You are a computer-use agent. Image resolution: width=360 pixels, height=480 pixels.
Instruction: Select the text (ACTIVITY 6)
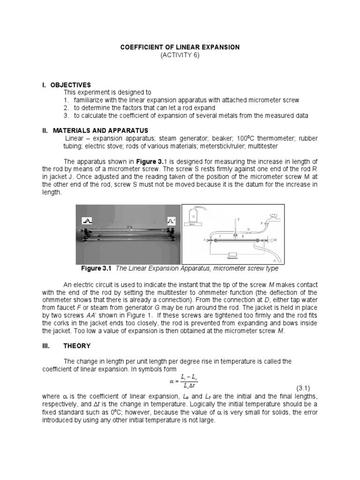click(x=180, y=55)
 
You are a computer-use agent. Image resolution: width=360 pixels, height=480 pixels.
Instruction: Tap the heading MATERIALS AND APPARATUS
click(x=96, y=130)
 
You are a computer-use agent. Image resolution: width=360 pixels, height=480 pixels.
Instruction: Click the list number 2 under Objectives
click(x=67, y=108)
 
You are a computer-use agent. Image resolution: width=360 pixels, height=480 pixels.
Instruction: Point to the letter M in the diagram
click(x=275, y=240)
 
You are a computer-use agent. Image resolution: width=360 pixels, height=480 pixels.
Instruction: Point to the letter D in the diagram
click(x=249, y=228)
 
